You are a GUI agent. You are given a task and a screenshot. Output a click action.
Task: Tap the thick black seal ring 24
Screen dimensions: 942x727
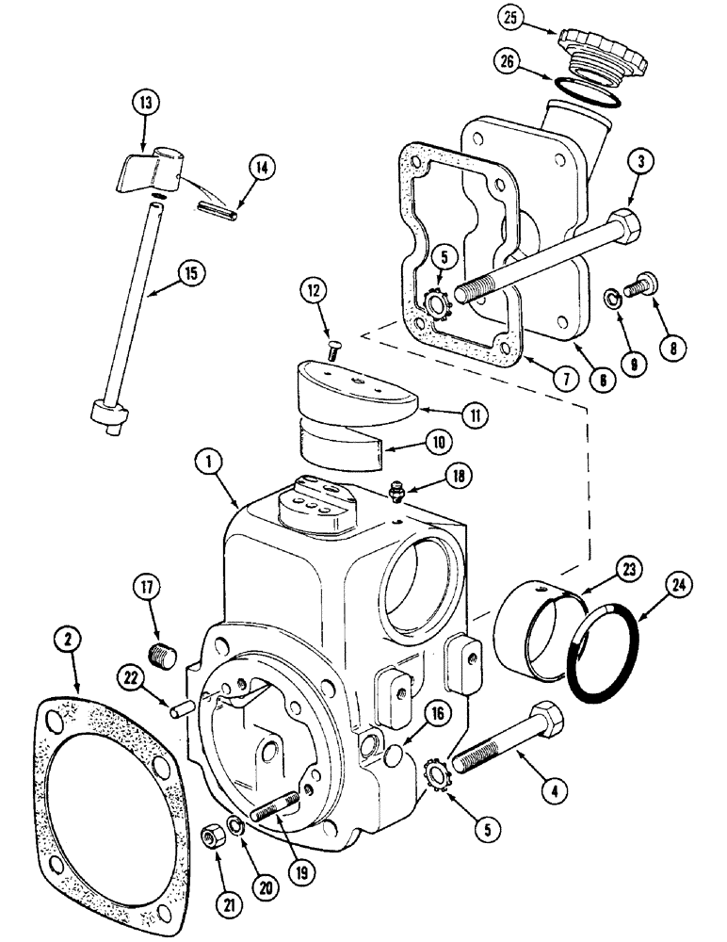tap(602, 656)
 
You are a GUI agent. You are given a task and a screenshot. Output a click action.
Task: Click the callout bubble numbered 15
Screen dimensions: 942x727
tap(191, 274)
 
